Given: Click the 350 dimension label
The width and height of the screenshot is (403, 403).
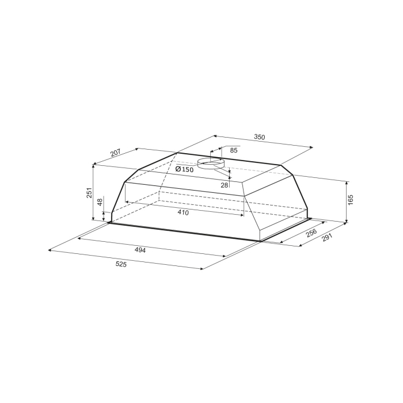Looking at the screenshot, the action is tap(259, 137).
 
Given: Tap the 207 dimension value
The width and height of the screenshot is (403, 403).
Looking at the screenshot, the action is tap(115, 153).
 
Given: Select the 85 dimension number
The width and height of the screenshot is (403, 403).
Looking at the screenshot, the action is tap(234, 150).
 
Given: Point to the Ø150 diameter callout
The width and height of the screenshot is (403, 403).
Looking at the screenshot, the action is tap(184, 169).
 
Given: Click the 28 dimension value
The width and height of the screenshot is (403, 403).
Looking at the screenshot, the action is tap(225, 185).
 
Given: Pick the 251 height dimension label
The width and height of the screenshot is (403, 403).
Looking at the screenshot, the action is tap(89, 192).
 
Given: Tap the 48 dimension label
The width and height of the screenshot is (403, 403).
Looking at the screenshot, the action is tap(100, 201).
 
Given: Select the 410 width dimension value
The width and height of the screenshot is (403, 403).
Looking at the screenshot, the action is tap(183, 212).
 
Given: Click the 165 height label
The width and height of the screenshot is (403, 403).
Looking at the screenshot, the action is tap(351, 200).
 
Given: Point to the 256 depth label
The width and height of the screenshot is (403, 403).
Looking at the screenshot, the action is tap(311, 233).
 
